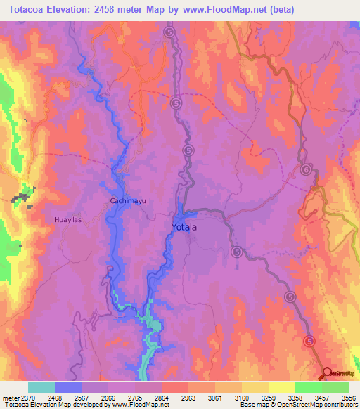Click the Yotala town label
[x=186, y=228]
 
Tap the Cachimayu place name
[x=127, y=201]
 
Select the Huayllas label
[x=68, y=220]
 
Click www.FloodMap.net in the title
[x=223, y=10]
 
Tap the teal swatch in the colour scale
[x=41, y=387]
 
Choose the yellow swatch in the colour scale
[x=281, y=387]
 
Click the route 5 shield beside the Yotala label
[x=236, y=251]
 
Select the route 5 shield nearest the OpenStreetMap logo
[x=309, y=341]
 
